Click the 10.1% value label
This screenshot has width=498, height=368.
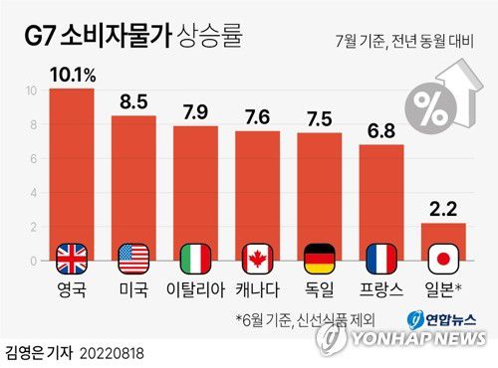72,75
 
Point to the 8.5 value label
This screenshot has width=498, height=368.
132,101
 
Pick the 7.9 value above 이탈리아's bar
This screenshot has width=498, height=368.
194,111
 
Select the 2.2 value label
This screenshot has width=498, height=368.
442,209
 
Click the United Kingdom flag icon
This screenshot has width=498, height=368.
72,259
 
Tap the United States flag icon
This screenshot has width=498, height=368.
132,259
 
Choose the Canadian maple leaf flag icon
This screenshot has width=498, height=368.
257,259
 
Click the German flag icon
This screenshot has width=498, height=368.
320,259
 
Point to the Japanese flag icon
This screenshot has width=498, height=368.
442,259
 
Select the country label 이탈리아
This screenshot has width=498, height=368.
194,291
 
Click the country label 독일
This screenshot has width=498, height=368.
320,291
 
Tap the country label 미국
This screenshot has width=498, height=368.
132,291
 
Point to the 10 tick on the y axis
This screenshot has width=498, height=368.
32,91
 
